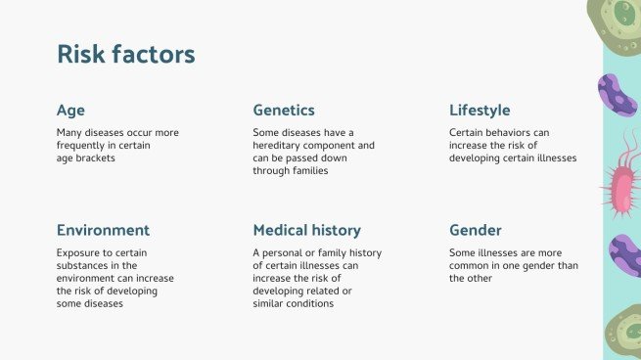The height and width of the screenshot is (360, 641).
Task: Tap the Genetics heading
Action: [284, 110]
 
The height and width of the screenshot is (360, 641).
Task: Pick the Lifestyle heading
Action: [480, 110]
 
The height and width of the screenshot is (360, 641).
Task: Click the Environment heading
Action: [103, 231]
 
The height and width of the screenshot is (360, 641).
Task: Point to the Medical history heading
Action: [306, 231]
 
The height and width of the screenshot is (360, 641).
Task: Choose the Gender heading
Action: [475, 231]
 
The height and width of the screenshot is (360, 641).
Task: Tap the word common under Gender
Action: [470, 265]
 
